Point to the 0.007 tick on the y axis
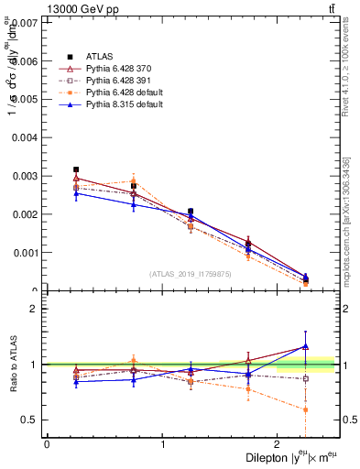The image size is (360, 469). (24, 22)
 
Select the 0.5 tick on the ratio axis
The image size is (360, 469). (28, 420)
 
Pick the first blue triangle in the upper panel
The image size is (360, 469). (76, 193)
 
